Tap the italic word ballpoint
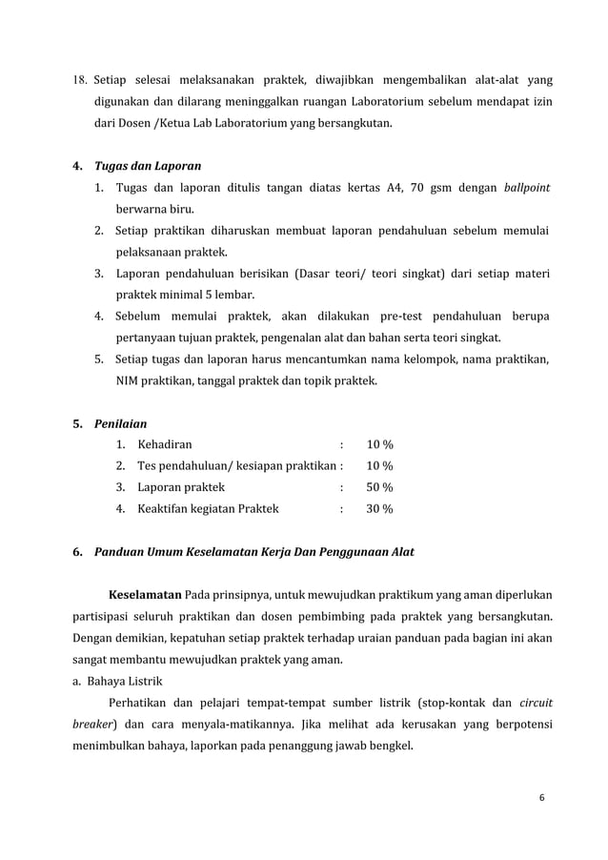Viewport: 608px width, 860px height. pos(526,187)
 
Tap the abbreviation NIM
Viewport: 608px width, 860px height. pos(129,380)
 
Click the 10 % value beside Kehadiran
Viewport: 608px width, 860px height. pos(379,444)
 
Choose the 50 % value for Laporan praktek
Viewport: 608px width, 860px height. pos(379,487)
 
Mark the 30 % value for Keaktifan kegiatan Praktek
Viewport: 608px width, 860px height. pos(379,509)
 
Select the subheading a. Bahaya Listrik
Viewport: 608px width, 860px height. pos(125,681)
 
